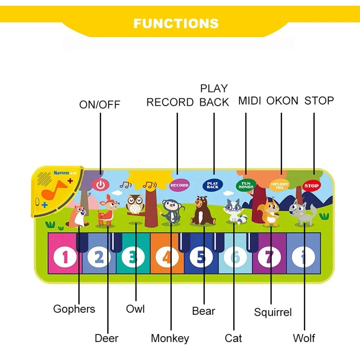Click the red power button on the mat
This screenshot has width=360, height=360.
[x=100, y=185]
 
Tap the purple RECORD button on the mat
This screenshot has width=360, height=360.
[x=179, y=185]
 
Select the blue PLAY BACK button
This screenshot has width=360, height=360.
[x=212, y=185]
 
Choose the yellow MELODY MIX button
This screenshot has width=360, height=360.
[x=279, y=185]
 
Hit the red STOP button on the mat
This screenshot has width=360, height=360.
[x=311, y=186]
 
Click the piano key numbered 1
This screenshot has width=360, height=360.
[x=65, y=257]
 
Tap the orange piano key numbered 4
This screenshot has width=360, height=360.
[x=167, y=257]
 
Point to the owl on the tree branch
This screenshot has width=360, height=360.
[x=135, y=204]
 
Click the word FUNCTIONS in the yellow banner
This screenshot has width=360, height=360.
[x=176, y=23]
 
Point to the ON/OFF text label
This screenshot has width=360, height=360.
[x=100, y=105]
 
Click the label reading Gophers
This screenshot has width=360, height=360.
[x=74, y=309]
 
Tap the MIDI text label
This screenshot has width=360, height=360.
[x=249, y=101]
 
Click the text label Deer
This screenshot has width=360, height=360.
[x=107, y=338]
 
